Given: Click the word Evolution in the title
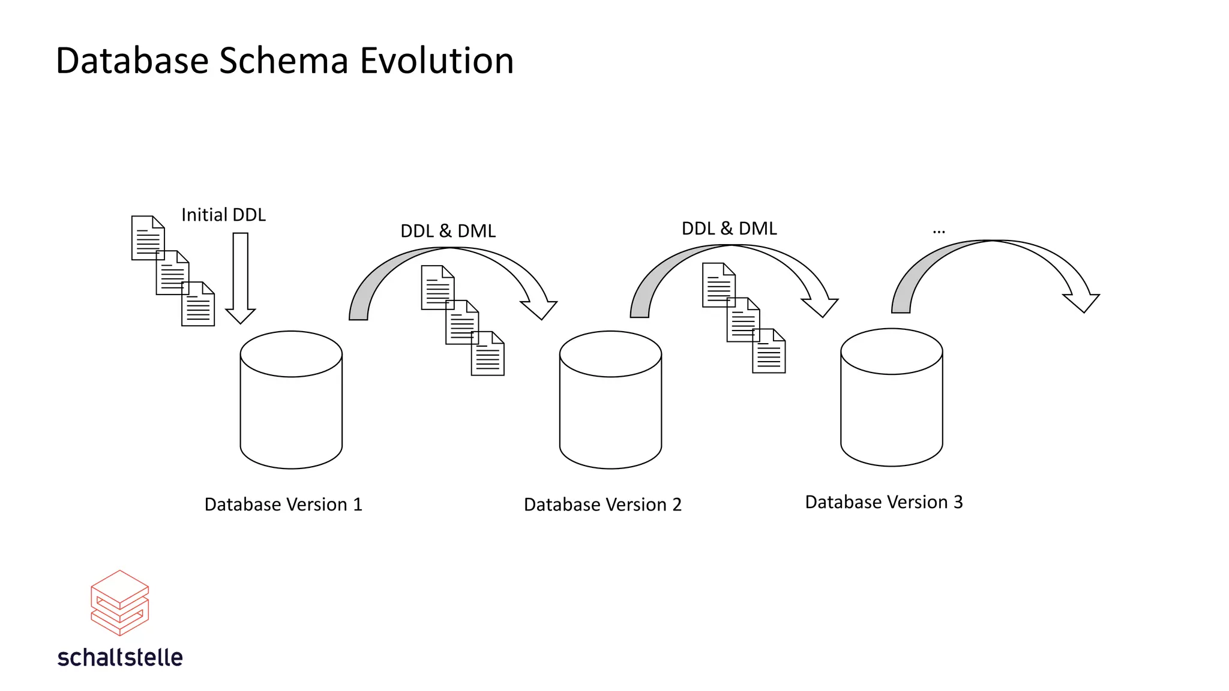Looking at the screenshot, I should (x=436, y=61).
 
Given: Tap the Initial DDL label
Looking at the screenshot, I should (x=223, y=215).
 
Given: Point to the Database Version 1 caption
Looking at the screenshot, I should (x=283, y=504).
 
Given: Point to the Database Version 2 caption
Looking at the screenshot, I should (x=602, y=504).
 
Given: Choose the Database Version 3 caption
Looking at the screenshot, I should (x=883, y=502).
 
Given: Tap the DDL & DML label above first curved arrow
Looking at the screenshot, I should (x=448, y=231).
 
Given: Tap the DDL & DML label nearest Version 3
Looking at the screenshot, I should (x=729, y=229).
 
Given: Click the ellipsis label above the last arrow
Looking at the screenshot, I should (x=939, y=231).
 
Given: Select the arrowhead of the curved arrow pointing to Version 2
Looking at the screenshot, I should (x=539, y=308).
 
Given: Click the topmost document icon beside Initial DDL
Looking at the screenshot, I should (x=147, y=237).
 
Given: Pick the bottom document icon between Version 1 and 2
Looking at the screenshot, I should (x=488, y=354).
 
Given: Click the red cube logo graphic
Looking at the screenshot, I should (x=119, y=603).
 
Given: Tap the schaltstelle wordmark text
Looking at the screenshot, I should (x=120, y=657).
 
